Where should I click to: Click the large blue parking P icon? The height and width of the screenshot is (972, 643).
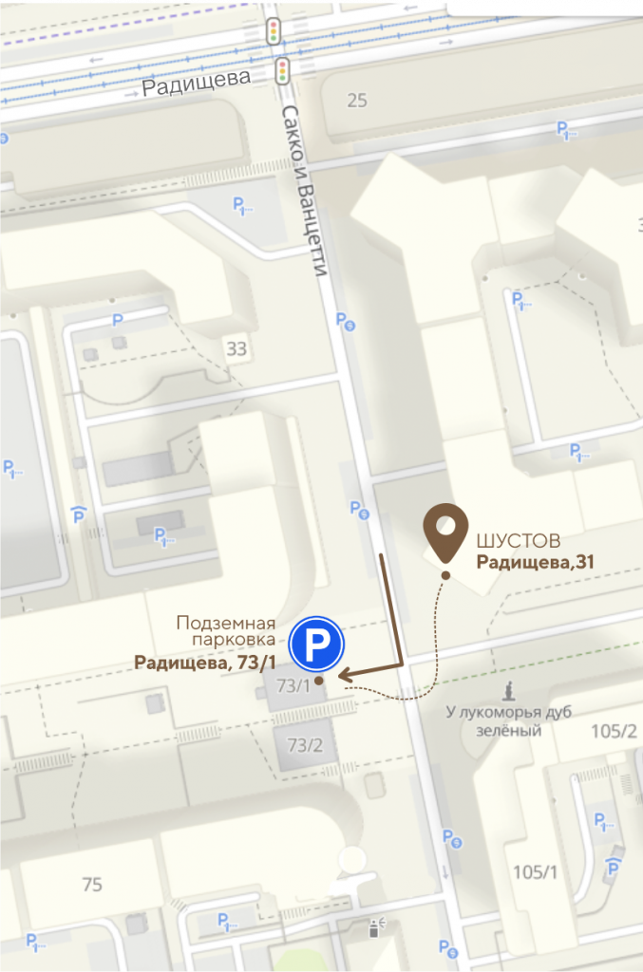(316, 643)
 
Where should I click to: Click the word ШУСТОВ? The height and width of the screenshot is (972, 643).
(517, 541)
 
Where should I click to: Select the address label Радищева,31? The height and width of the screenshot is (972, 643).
(535, 562)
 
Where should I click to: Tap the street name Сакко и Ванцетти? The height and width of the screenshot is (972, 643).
(306, 190)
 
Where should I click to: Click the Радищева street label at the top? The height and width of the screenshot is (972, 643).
(197, 84)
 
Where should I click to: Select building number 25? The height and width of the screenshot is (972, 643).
(357, 100)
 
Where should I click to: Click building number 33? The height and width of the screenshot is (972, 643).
(236, 348)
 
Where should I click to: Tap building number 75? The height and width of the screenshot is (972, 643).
(92, 885)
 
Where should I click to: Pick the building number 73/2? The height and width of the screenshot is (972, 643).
(305, 745)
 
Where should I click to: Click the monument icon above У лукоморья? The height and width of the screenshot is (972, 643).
(509, 689)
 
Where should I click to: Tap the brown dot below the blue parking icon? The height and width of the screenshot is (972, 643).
(320, 680)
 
